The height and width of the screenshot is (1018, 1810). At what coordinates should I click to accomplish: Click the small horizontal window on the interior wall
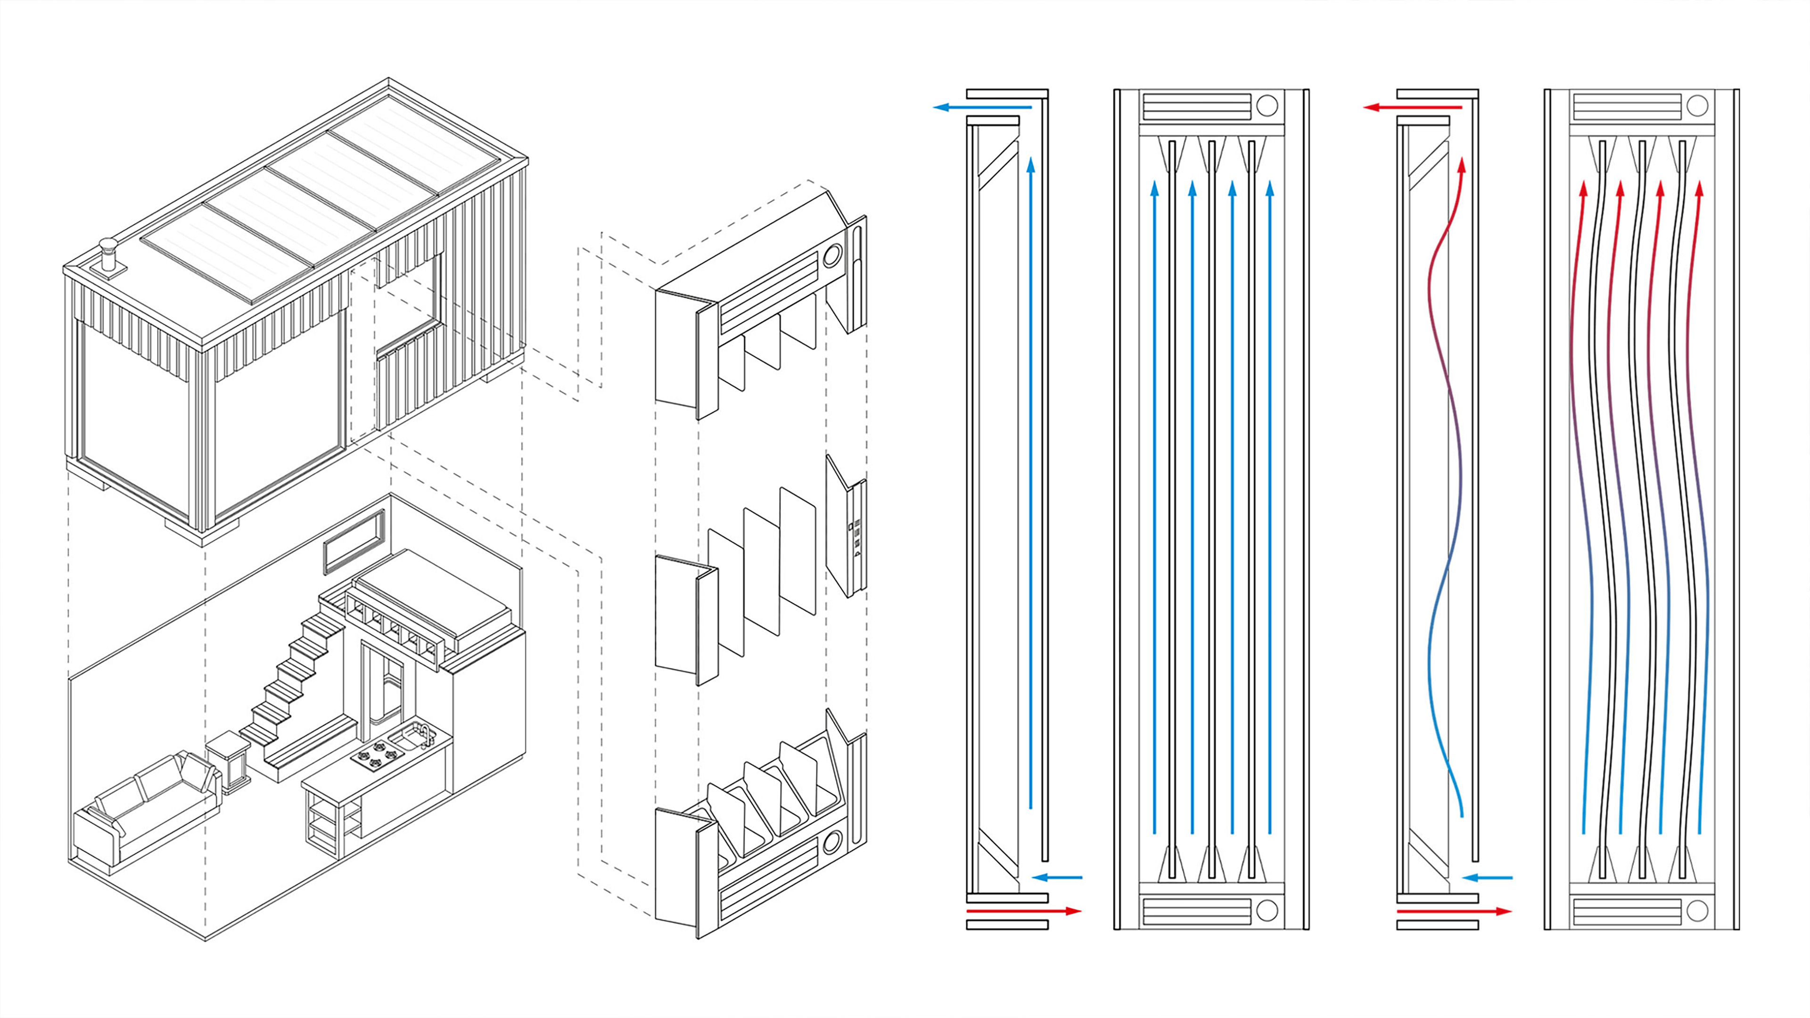tap(354, 542)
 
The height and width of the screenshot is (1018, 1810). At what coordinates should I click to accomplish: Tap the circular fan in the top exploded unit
tap(832, 254)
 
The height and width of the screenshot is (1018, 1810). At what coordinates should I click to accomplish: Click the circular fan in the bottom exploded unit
tap(832, 841)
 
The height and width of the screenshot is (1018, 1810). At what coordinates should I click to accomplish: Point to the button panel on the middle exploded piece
tap(856, 540)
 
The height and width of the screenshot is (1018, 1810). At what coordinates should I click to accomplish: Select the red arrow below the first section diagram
tap(1024, 911)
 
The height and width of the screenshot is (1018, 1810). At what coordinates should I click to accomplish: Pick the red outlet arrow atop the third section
tap(1412, 107)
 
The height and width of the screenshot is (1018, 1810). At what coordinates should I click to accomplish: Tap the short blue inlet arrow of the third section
tap(1488, 878)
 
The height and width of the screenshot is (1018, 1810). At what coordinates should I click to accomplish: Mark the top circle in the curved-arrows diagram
tap(1697, 106)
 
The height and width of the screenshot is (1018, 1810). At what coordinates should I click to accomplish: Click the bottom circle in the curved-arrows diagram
tap(1697, 911)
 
